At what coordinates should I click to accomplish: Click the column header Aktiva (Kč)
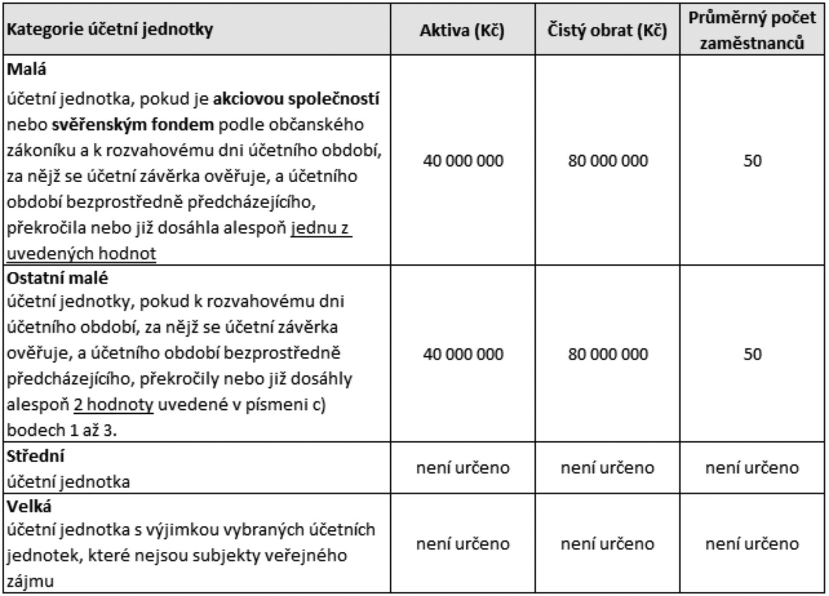[x=462, y=30]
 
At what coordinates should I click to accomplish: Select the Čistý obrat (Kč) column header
[x=607, y=30]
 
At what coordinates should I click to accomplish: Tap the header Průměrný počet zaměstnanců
[x=752, y=30]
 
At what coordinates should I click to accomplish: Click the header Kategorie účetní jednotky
[x=110, y=29]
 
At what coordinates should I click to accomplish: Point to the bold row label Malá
[x=26, y=69]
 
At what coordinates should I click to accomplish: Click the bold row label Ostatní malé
[x=57, y=278]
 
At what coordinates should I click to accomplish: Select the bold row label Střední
[x=35, y=456]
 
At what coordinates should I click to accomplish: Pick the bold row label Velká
[x=29, y=506]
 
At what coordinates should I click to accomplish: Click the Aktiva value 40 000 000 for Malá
[x=463, y=161]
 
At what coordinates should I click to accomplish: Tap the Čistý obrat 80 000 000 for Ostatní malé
[x=607, y=354]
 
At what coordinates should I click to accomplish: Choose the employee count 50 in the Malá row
[x=752, y=161]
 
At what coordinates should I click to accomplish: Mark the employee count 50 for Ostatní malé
[x=752, y=354]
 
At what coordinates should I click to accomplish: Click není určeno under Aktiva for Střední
[x=463, y=468]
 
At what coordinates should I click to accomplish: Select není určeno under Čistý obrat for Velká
[x=607, y=544]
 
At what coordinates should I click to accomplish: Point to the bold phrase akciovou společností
[x=296, y=99]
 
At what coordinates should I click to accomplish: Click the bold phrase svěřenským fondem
[x=132, y=125]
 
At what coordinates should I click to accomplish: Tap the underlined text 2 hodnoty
[x=114, y=404]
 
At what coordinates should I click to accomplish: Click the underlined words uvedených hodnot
[x=82, y=253]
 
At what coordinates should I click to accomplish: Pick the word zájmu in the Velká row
[x=30, y=581]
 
